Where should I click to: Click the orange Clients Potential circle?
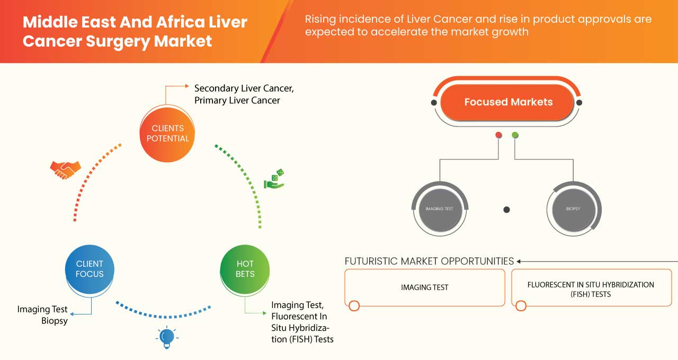point(167,133)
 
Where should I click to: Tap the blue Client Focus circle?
point(90,269)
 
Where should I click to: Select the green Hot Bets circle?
point(245,269)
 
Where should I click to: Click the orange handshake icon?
point(65,169)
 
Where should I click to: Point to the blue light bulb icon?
point(167,337)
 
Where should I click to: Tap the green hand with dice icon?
point(274,179)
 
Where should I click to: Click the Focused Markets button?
point(507,102)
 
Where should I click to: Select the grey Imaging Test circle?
point(440,209)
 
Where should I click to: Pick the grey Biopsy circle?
point(573,209)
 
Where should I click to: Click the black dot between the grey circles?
point(506,210)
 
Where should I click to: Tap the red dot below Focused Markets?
point(498,136)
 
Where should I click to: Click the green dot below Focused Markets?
point(515,136)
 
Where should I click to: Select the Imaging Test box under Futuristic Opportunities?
point(424,287)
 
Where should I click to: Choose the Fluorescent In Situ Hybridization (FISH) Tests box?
point(591,289)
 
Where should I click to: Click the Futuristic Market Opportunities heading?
point(429,261)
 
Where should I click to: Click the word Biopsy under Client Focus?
point(55,320)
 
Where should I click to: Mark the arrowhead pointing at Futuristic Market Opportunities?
point(519,261)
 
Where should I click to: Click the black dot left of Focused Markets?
point(434,102)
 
